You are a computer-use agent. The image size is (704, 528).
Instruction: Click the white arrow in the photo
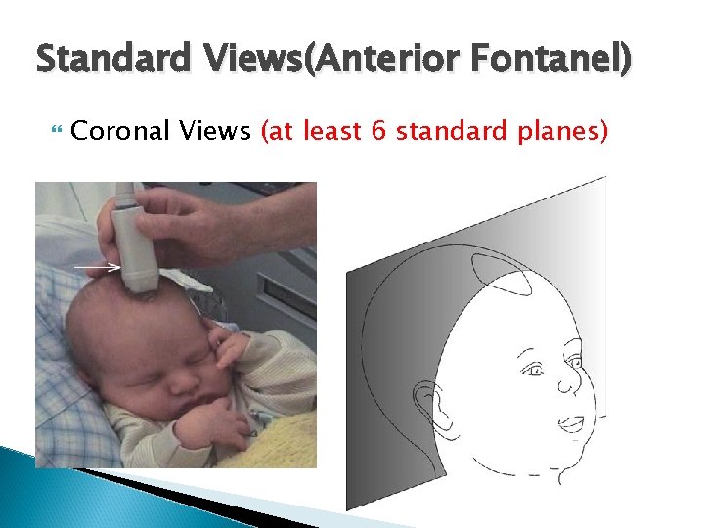[98, 266]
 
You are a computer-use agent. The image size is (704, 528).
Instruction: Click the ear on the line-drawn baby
[427, 405]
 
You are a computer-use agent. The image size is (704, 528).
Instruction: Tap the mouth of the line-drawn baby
[571, 423]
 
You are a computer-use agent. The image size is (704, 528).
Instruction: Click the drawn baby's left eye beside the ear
[534, 371]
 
